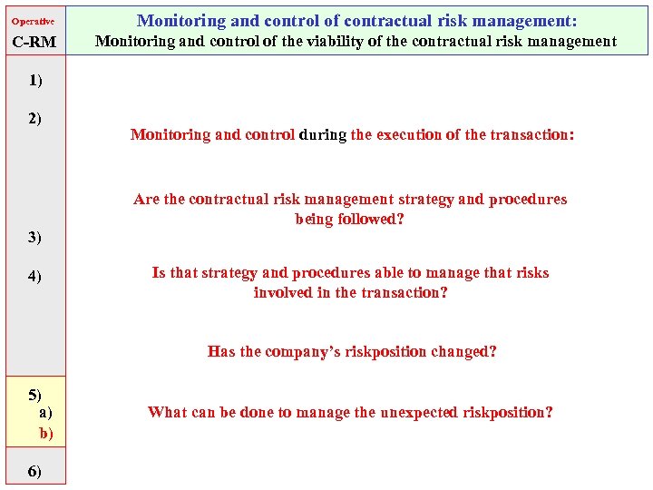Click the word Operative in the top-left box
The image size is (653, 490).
coord(33,21)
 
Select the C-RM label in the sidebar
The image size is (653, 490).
coord(34,42)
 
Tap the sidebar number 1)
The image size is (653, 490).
coord(34,80)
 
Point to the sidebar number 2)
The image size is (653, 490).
coord(34,118)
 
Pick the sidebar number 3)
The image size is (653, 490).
coord(34,237)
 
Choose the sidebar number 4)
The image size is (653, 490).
coord(34,276)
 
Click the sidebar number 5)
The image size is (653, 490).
coord(34,394)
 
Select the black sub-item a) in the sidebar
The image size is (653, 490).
coord(45,412)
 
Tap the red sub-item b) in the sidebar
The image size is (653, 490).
coord(46,433)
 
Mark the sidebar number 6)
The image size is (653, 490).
coord(34,470)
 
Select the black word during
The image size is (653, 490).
coord(323,134)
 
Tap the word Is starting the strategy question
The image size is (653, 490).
coord(159,272)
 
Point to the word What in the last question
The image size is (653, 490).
coord(167,412)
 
